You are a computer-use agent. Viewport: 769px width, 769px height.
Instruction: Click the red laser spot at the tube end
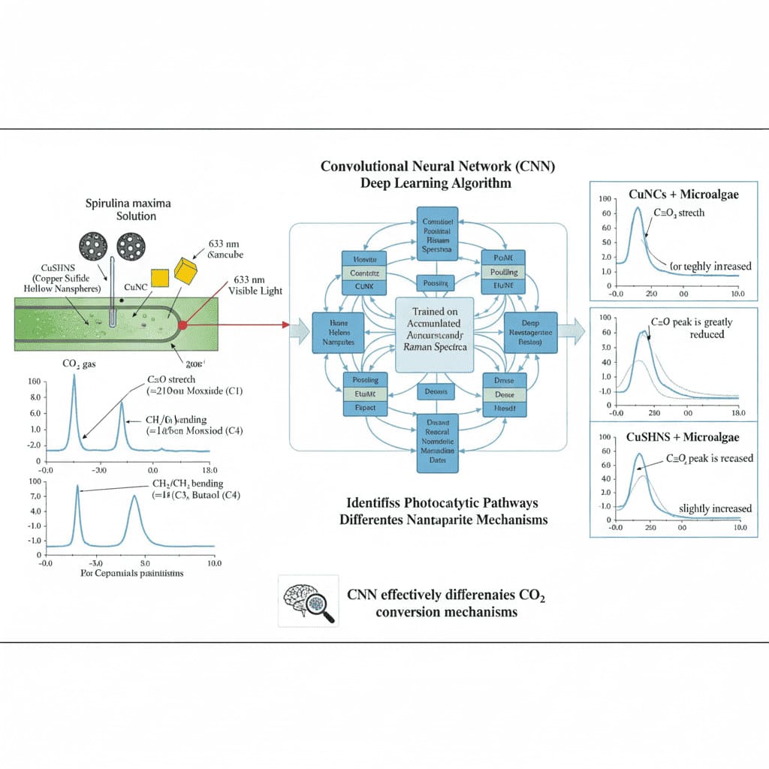(182, 324)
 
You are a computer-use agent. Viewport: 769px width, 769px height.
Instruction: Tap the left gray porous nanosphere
(92, 246)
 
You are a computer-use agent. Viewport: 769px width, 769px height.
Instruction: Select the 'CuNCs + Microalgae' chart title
(683, 195)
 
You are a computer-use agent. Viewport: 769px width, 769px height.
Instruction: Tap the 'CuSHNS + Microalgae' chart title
(682, 437)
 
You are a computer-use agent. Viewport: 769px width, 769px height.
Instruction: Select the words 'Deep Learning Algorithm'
(426, 183)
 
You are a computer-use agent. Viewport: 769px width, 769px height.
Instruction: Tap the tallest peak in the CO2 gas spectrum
(74, 375)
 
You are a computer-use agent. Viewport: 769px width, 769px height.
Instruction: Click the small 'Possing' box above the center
(435, 284)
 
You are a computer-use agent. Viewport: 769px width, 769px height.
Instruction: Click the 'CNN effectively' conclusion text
(446, 596)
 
